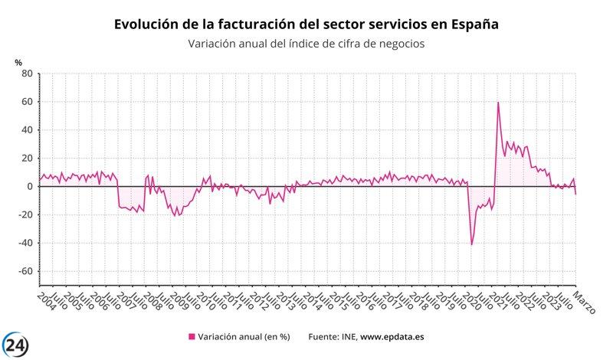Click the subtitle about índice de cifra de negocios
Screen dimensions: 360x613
pos(306,44)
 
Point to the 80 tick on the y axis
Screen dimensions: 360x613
pos(25,74)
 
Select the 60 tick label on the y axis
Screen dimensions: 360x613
pos(25,102)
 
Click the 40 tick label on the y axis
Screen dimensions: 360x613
pos(25,130)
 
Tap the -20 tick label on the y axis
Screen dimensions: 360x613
pos(24,214)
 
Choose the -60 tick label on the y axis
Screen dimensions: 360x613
pos(24,271)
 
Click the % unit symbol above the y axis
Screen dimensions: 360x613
pos(18,61)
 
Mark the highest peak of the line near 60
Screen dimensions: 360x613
pos(498,103)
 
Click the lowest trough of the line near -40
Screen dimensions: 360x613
pos(471,244)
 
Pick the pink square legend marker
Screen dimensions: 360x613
pos(192,336)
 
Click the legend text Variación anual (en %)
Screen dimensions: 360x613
pos(244,336)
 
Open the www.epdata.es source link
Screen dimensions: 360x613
pos(393,336)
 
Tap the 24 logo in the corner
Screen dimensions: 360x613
pos(17,345)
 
